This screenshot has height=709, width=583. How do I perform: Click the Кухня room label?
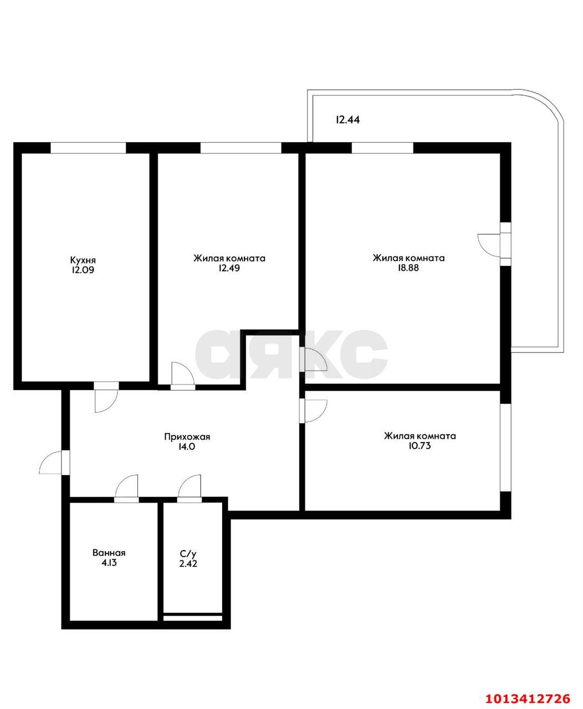point(83,260)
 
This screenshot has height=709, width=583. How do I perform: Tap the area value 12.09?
point(83,270)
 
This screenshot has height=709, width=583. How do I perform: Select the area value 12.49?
point(229,268)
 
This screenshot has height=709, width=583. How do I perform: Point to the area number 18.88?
point(408,268)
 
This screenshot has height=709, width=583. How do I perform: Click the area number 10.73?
point(420,446)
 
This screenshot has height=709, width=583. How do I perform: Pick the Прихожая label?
point(187,437)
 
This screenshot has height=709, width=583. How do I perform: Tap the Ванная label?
point(109,553)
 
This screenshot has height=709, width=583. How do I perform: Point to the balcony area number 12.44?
point(347,120)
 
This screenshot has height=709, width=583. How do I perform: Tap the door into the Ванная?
point(126,489)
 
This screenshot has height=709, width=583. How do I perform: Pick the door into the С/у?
point(190,489)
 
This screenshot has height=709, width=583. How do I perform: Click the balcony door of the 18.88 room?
point(494,245)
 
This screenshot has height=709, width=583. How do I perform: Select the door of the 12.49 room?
point(183,376)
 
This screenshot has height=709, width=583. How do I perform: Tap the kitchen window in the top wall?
point(88,148)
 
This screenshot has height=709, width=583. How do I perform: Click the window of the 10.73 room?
point(505,447)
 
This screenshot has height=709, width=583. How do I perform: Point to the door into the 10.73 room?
point(313,411)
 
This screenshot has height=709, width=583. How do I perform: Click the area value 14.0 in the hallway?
point(187,446)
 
